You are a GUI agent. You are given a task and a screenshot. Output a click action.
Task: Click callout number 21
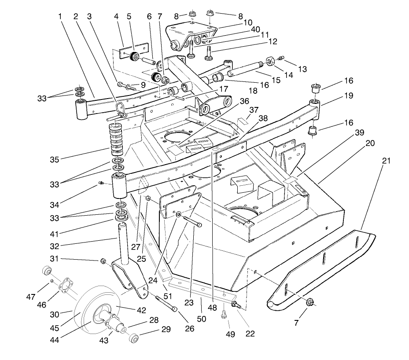pyautogui.click(x=386, y=161)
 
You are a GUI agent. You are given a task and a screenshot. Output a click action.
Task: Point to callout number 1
pyautogui.click(x=59, y=16)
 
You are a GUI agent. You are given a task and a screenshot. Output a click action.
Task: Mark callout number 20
pyautogui.click(x=369, y=143)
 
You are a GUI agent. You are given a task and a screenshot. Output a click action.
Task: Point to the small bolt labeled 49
pyautogui.click(x=224, y=314)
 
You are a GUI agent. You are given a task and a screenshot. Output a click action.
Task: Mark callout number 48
pyautogui.click(x=213, y=309)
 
